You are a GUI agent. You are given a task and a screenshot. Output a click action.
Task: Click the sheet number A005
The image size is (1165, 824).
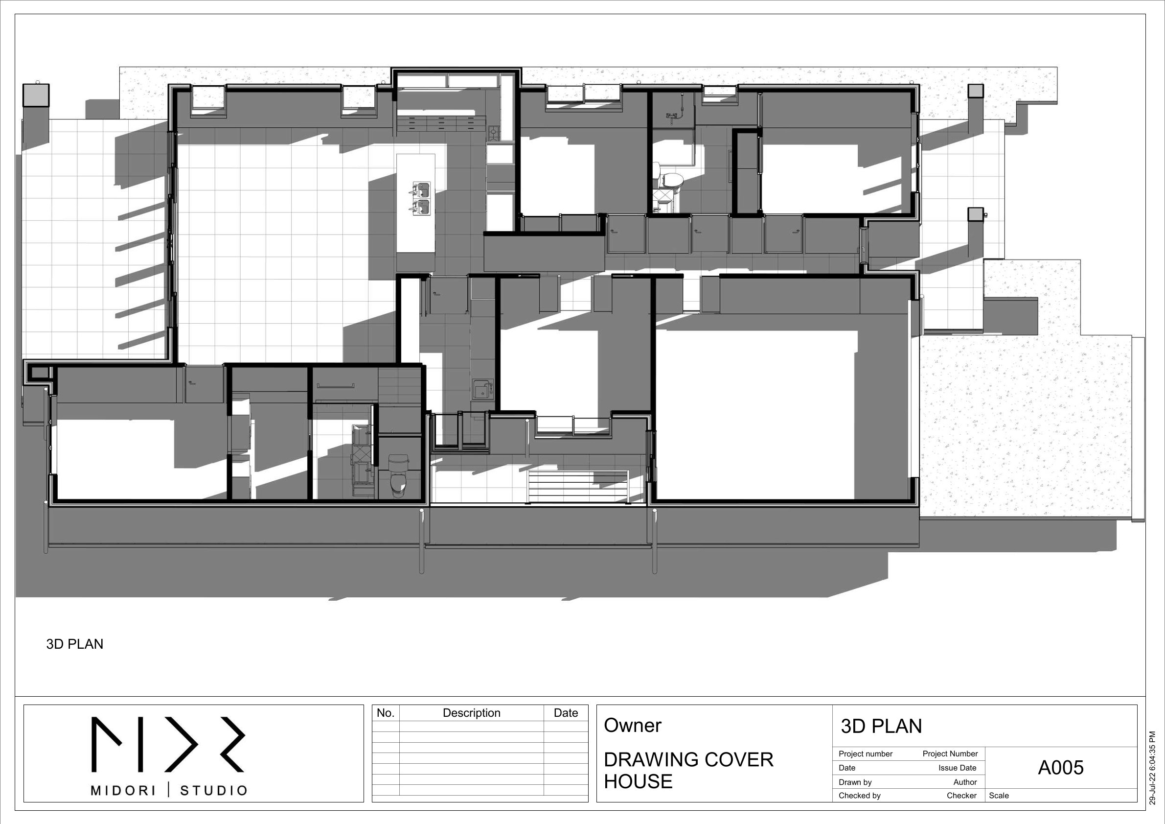(x=1060, y=768)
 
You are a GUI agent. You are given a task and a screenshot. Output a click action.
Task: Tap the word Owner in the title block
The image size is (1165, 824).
(x=632, y=726)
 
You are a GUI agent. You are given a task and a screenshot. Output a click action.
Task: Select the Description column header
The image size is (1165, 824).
(x=471, y=713)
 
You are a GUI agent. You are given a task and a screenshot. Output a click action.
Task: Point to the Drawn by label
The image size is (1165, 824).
(x=855, y=782)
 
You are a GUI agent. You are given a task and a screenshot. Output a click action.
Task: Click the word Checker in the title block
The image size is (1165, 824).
(x=961, y=796)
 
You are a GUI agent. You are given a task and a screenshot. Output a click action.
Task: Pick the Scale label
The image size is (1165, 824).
(x=999, y=796)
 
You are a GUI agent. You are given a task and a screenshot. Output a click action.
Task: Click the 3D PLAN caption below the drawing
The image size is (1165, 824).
(x=74, y=644)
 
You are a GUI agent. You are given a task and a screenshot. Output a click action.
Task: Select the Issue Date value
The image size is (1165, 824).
(x=957, y=768)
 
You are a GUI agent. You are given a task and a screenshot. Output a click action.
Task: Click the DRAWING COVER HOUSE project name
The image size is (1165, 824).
(x=688, y=770)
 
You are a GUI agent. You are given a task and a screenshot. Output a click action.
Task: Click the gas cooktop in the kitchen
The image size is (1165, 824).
(x=493, y=133)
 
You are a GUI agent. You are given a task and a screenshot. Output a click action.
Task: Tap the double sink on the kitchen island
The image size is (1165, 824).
(x=421, y=198)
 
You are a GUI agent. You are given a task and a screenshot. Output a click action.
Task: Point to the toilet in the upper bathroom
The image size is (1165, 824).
(x=671, y=179)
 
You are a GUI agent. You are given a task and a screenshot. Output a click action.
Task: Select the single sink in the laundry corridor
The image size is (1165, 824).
(x=481, y=389)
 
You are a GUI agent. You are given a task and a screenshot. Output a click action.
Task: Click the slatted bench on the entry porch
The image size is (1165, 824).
(x=578, y=486)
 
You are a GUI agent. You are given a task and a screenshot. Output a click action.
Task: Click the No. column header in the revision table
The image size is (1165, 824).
(x=386, y=713)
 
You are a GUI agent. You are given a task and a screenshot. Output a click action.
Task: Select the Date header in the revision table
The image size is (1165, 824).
(x=566, y=713)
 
